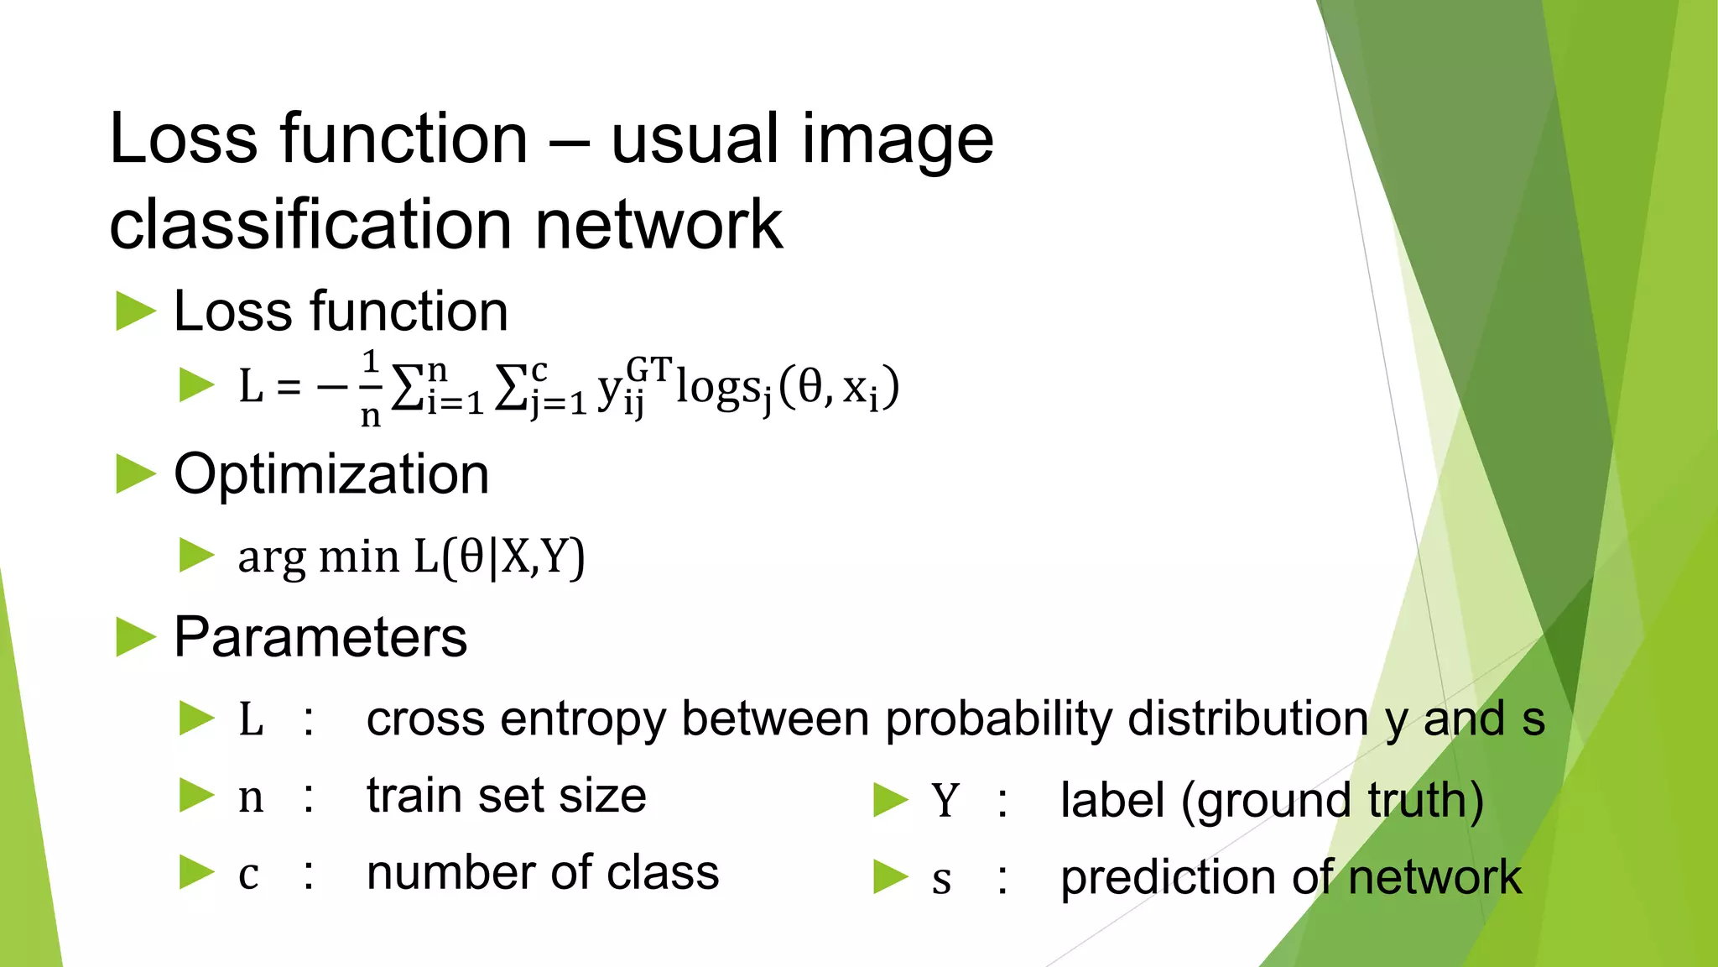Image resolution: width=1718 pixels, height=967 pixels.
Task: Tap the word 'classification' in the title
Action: [x=311, y=225]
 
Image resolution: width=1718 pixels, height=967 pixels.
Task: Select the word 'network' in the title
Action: [x=659, y=225]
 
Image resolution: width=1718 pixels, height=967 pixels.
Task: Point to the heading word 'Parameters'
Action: [x=320, y=637]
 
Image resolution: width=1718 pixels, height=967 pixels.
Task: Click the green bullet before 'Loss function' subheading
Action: [x=136, y=311]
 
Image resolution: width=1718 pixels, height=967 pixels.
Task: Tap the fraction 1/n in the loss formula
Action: [x=370, y=388]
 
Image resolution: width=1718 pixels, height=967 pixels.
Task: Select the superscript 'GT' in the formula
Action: [x=649, y=369]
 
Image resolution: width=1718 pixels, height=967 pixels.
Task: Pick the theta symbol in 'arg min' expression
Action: [x=472, y=556]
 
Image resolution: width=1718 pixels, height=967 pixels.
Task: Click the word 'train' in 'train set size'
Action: [x=414, y=796]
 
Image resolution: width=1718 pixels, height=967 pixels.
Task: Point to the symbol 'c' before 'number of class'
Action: [x=248, y=875]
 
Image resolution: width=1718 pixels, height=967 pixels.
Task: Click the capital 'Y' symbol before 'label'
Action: [x=945, y=800]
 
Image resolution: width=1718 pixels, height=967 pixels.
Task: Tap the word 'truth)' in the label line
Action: [x=1425, y=800]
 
